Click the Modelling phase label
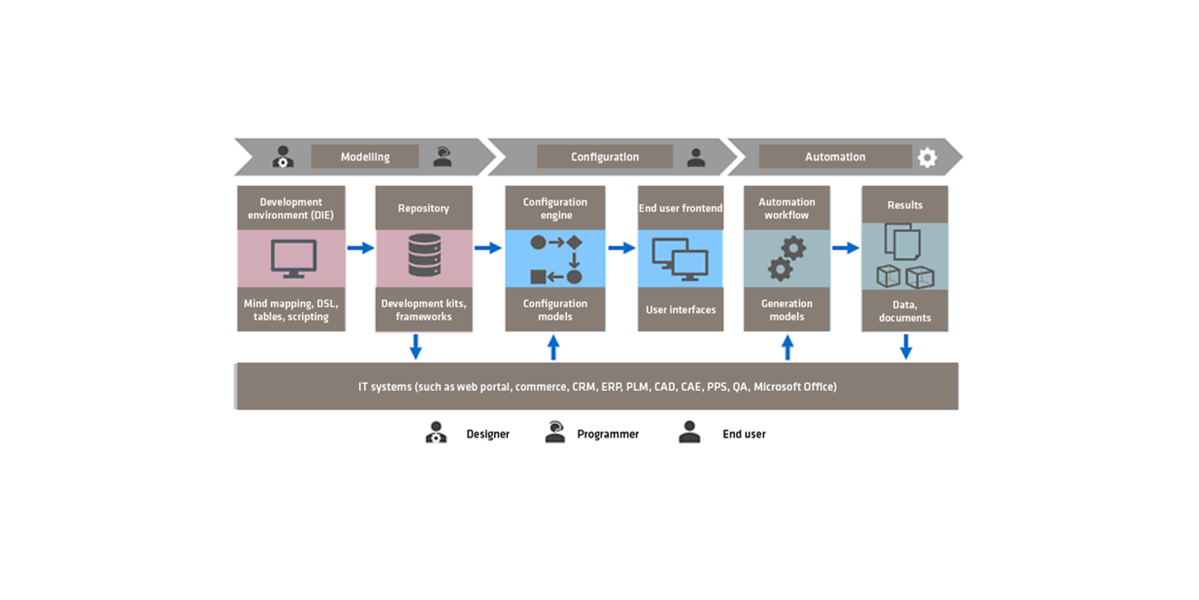click(365, 157)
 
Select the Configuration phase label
click(605, 157)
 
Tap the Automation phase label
click(835, 157)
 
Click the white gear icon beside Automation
click(927, 157)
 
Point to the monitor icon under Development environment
click(293, 259)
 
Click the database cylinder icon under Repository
click(425, 255)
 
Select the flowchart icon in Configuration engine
click(556, 259)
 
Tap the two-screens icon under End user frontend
click(680, 259)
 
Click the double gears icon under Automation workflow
click(787, 259)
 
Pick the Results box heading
click(905, 205)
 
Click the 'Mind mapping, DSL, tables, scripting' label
click(291, 310)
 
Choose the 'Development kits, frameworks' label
click(423, 310)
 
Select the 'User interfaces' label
click(681, 310)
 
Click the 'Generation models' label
click(787, 310)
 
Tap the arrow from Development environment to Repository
click(360, 248)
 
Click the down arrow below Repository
click(416, 347)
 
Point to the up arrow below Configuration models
click(554, 348)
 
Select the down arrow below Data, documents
click(906, 347)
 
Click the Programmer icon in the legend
click(555, 432)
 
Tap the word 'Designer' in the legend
click(487, 434)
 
